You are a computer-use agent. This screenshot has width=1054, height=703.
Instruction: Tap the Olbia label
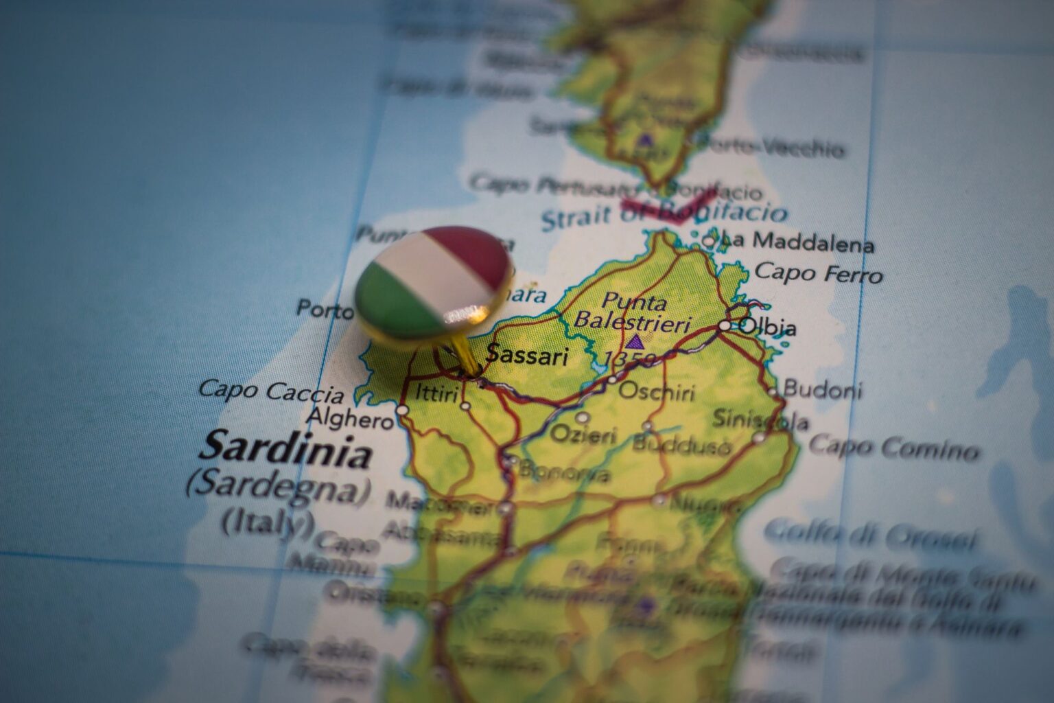(x=768, y=327)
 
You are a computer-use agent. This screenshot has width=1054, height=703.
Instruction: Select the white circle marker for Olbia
(x=725, y=325)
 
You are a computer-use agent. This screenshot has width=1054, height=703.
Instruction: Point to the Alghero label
(x=350, y=417)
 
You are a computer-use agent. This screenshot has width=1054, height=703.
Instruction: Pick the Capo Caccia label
(x=271, y=392)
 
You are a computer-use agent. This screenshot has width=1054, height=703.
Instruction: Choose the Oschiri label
(x=657, y=392)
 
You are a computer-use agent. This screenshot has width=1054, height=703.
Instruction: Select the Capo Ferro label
(x=818, y=273)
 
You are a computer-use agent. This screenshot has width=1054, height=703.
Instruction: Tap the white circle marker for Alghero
(x=401, y=410)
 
